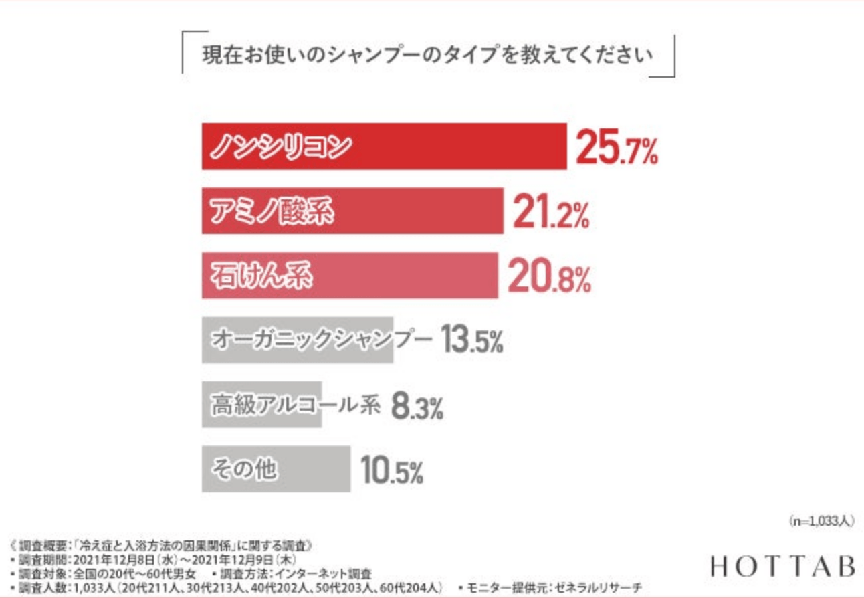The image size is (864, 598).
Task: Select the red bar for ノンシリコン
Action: (x=384, y=146)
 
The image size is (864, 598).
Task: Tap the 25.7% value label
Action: (x=617, y=148)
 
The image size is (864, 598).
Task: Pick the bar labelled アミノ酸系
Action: (x=352, y=211)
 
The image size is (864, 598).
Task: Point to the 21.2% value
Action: (x=550, y=213)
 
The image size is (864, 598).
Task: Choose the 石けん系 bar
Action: (x=350, y=275)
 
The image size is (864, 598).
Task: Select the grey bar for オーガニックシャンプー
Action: (x=298, y=340)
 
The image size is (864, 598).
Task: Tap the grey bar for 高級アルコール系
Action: (x=262, y=404)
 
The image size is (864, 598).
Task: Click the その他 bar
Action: (x=276, y=469)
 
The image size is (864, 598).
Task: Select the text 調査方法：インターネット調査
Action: (x=292, y=573)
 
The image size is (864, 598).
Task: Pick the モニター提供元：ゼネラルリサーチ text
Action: (x=550, y=587)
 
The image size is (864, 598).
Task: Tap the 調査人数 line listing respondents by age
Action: (x=227, y=587)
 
